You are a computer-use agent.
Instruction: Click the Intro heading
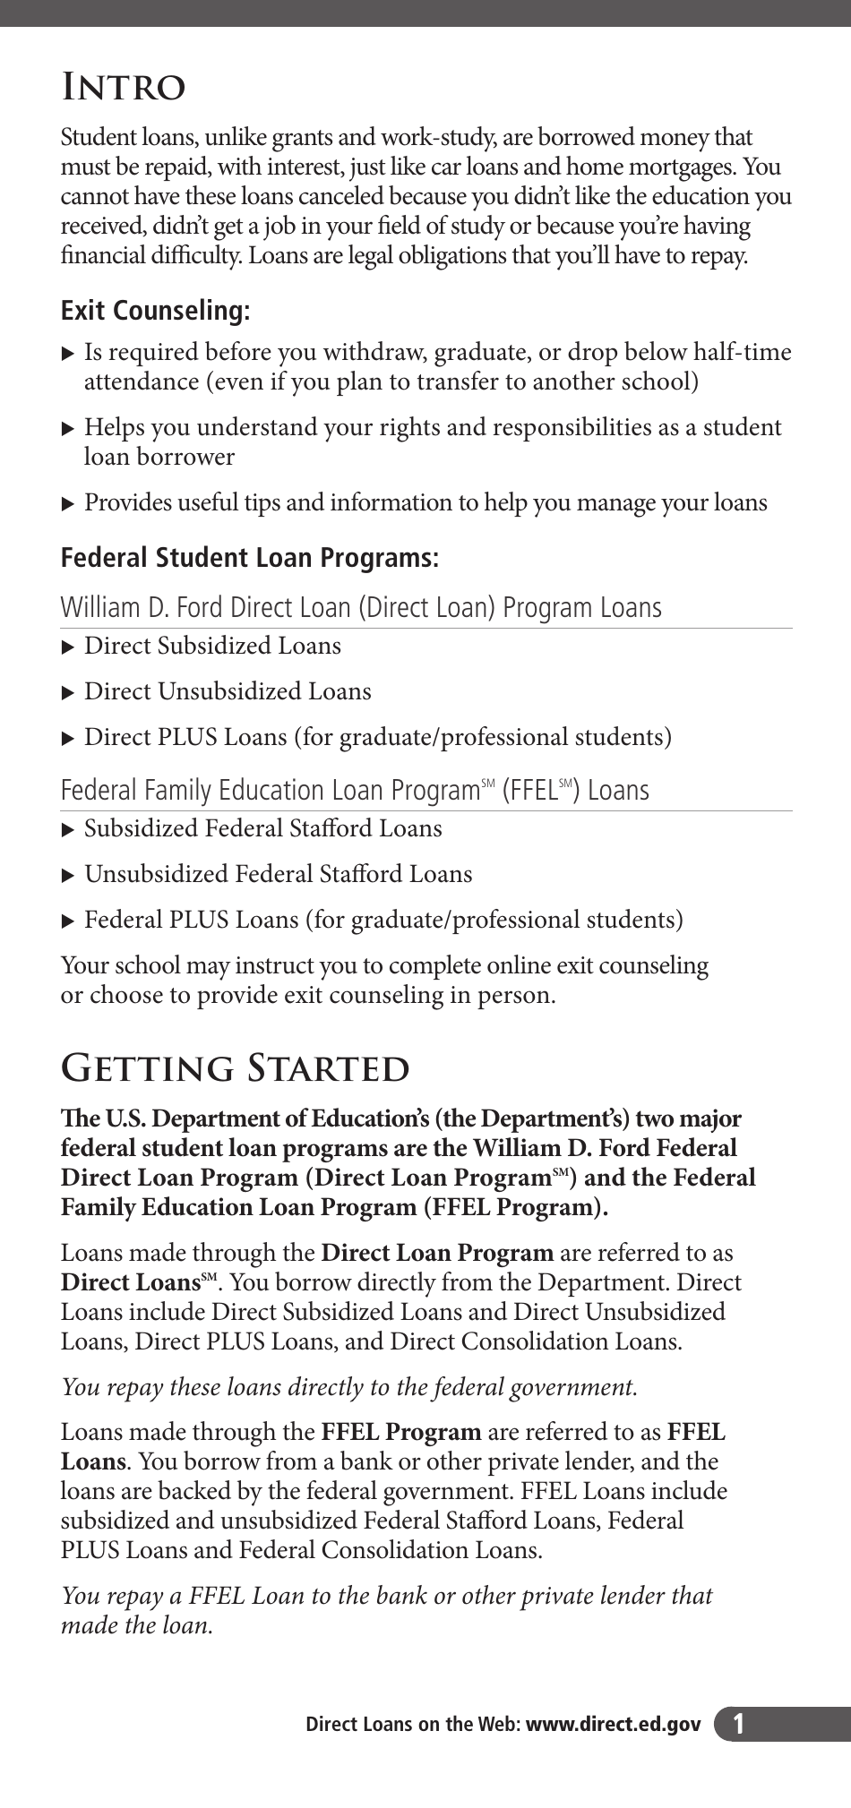(123, 89)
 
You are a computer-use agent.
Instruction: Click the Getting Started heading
(235, 1068)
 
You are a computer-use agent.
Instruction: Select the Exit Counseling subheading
(155, 311)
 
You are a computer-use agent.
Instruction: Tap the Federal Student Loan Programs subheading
(249, 558)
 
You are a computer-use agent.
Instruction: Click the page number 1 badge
(738, 1724)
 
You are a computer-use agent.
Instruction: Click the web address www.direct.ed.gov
(614, 1724)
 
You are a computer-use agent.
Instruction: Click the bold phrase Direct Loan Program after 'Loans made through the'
(437, 1254)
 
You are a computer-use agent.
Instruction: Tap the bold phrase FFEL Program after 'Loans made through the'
(401, 1432)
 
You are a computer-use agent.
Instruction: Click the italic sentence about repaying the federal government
(348, 1387)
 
